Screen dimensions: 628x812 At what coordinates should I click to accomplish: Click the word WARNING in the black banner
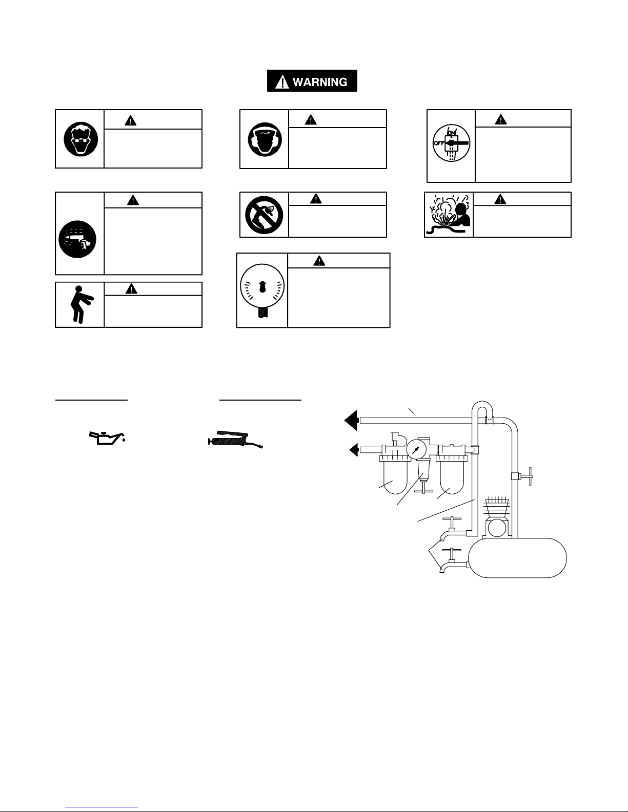coord(319,82)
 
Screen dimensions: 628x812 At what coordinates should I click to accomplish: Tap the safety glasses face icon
coord(81,139)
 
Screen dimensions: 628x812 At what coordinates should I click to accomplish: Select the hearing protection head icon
coord(265,139)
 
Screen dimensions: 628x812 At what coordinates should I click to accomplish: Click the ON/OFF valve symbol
coord(451,143)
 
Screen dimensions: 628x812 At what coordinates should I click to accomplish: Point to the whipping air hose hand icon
coord(77,239)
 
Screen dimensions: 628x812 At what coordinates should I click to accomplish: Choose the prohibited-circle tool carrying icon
coord(264,215)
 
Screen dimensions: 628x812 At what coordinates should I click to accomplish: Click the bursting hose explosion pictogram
coord(449,215)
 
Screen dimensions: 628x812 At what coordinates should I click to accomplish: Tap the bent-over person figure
coord(81,304)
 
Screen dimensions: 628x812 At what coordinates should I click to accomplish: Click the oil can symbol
coord(107,438)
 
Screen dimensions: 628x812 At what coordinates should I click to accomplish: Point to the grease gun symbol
coord(235,440)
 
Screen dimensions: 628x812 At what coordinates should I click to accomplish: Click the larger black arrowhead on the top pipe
coord(351,421)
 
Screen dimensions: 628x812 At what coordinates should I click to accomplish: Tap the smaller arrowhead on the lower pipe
coord(354,449)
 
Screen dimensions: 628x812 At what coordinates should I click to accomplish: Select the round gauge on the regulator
coord(416,449)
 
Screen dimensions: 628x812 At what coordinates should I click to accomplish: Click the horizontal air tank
coord(517,558)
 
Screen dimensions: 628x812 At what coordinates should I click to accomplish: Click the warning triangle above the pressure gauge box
coord(319,260)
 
